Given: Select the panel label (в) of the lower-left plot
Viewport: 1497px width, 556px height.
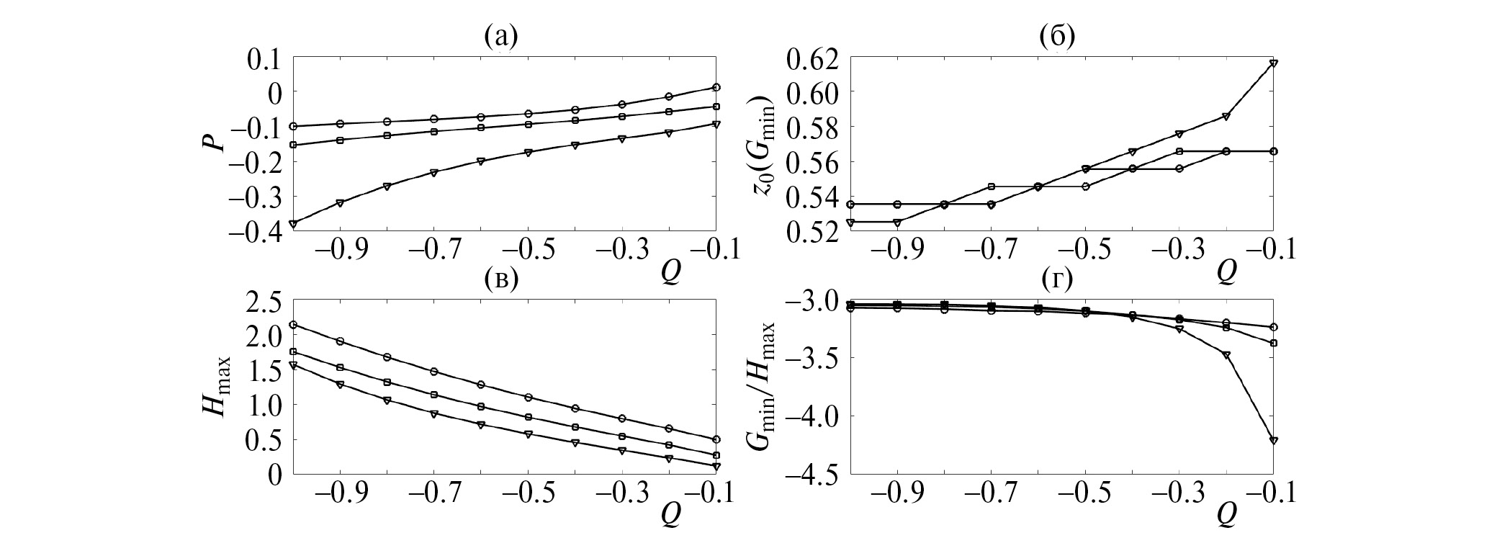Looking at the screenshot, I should point(502,279).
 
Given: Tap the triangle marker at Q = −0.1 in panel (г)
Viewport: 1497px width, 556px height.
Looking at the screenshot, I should point(1274,440).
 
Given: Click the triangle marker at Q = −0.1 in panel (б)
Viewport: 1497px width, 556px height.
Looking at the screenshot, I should point(1274,63).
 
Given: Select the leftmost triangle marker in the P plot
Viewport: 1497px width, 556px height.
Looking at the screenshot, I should point(293,223).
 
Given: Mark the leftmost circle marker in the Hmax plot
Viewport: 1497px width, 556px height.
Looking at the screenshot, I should point(293,325).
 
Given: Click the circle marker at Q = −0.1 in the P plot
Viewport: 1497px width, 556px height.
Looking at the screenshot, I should point(716,87).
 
